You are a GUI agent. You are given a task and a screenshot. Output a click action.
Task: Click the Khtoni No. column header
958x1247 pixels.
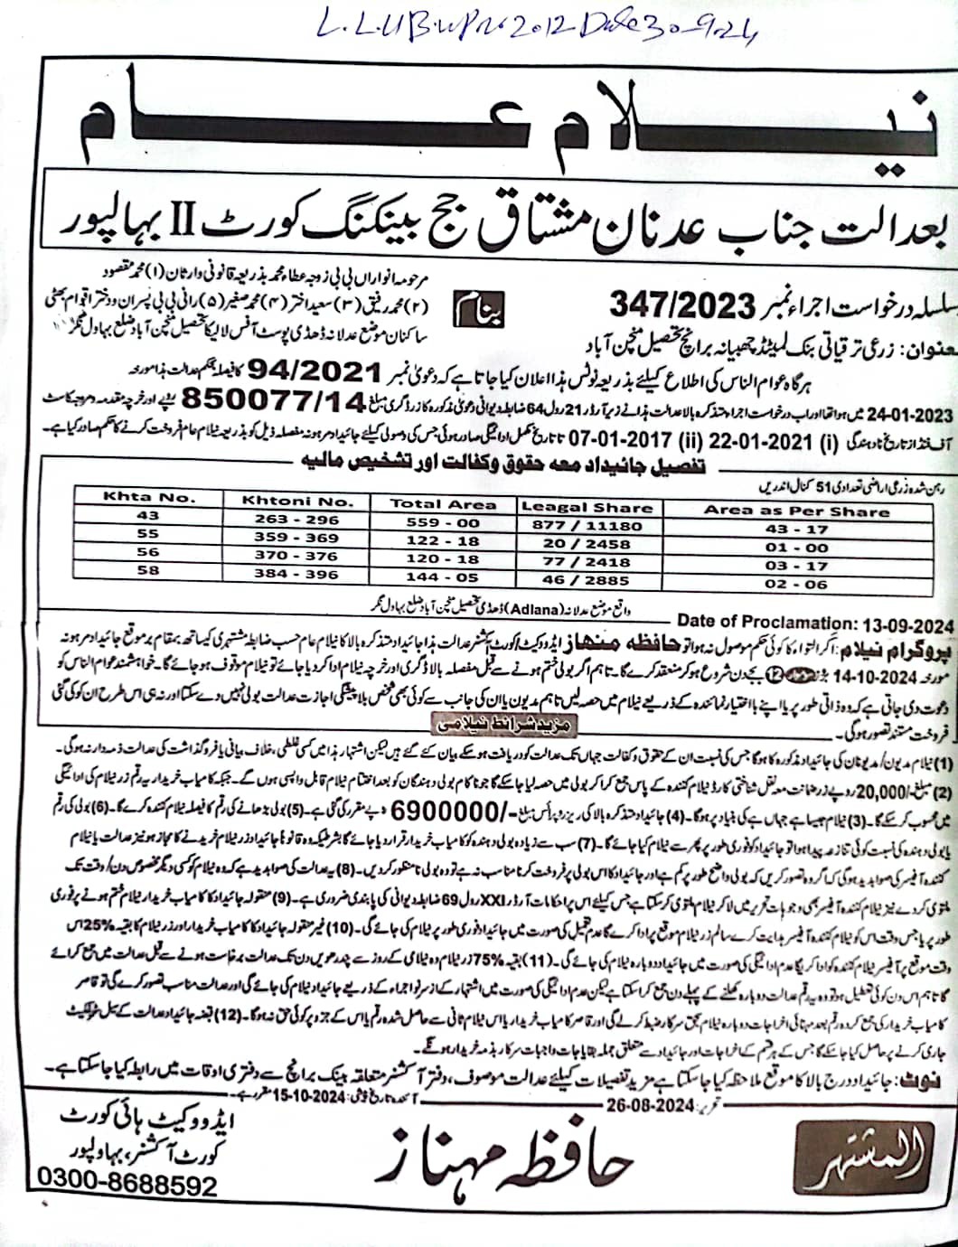[296, 500]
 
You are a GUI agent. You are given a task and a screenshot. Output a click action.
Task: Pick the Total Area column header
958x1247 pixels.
[443, 504]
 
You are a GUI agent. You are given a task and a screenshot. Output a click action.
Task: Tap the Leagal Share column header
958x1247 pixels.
[587, 507]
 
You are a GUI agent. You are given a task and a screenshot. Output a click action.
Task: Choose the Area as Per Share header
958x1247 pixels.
[796, 511]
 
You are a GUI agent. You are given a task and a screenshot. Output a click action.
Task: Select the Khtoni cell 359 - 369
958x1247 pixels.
[296, 538]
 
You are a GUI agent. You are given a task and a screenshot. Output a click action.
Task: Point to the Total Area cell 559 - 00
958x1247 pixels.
[443, 522]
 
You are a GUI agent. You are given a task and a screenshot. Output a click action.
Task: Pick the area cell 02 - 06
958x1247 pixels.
[795, 585]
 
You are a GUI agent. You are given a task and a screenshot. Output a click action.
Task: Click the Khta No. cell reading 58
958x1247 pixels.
[149, 570]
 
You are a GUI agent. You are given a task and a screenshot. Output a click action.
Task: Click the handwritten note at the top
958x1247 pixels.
[538, 32]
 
